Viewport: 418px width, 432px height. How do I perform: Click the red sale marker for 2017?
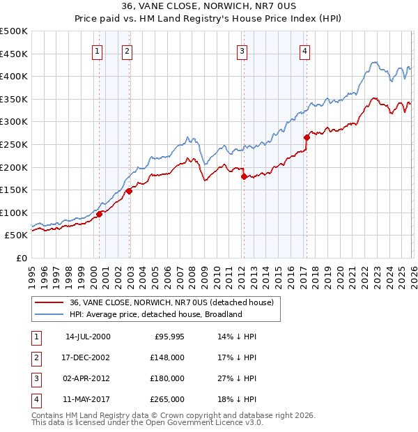click(307, 138)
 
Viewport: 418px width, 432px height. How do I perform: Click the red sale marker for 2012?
click(244, 177)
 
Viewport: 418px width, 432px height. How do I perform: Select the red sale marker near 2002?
click(129, 191)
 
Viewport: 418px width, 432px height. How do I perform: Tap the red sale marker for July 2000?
click(99, 215)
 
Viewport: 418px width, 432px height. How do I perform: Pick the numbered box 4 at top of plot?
click(305, 50)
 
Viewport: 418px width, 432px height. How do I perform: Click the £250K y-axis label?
click(14, 144)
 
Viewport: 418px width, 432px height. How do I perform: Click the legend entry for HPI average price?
click(155, 314)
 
